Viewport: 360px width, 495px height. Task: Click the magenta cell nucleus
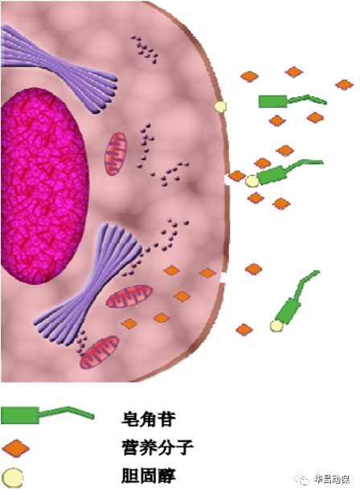coord(44,186)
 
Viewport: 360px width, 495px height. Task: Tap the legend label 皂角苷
coord(148,419)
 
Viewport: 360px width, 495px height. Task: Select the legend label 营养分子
coord(157,448)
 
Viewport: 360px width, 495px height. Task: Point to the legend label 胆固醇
coord(148,476)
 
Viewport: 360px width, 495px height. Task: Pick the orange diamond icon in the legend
coord(15,448)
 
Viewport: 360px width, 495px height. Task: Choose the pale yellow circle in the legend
coord(13,478)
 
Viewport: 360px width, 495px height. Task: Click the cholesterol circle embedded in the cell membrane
coord(220,106)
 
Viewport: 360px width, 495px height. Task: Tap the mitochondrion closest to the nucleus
coord(116,153)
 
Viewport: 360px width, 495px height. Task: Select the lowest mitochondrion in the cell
coord(99,353)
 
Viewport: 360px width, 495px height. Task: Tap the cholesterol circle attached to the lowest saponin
coord(276,326)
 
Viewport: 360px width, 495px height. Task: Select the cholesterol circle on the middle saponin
coord(252,182)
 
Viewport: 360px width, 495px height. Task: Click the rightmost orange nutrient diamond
coord(344,84)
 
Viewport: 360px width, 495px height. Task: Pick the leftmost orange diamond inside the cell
coord(129,324)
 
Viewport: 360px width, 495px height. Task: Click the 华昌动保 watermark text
coord(332,479)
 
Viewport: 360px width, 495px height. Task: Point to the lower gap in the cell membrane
coord(223,278)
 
